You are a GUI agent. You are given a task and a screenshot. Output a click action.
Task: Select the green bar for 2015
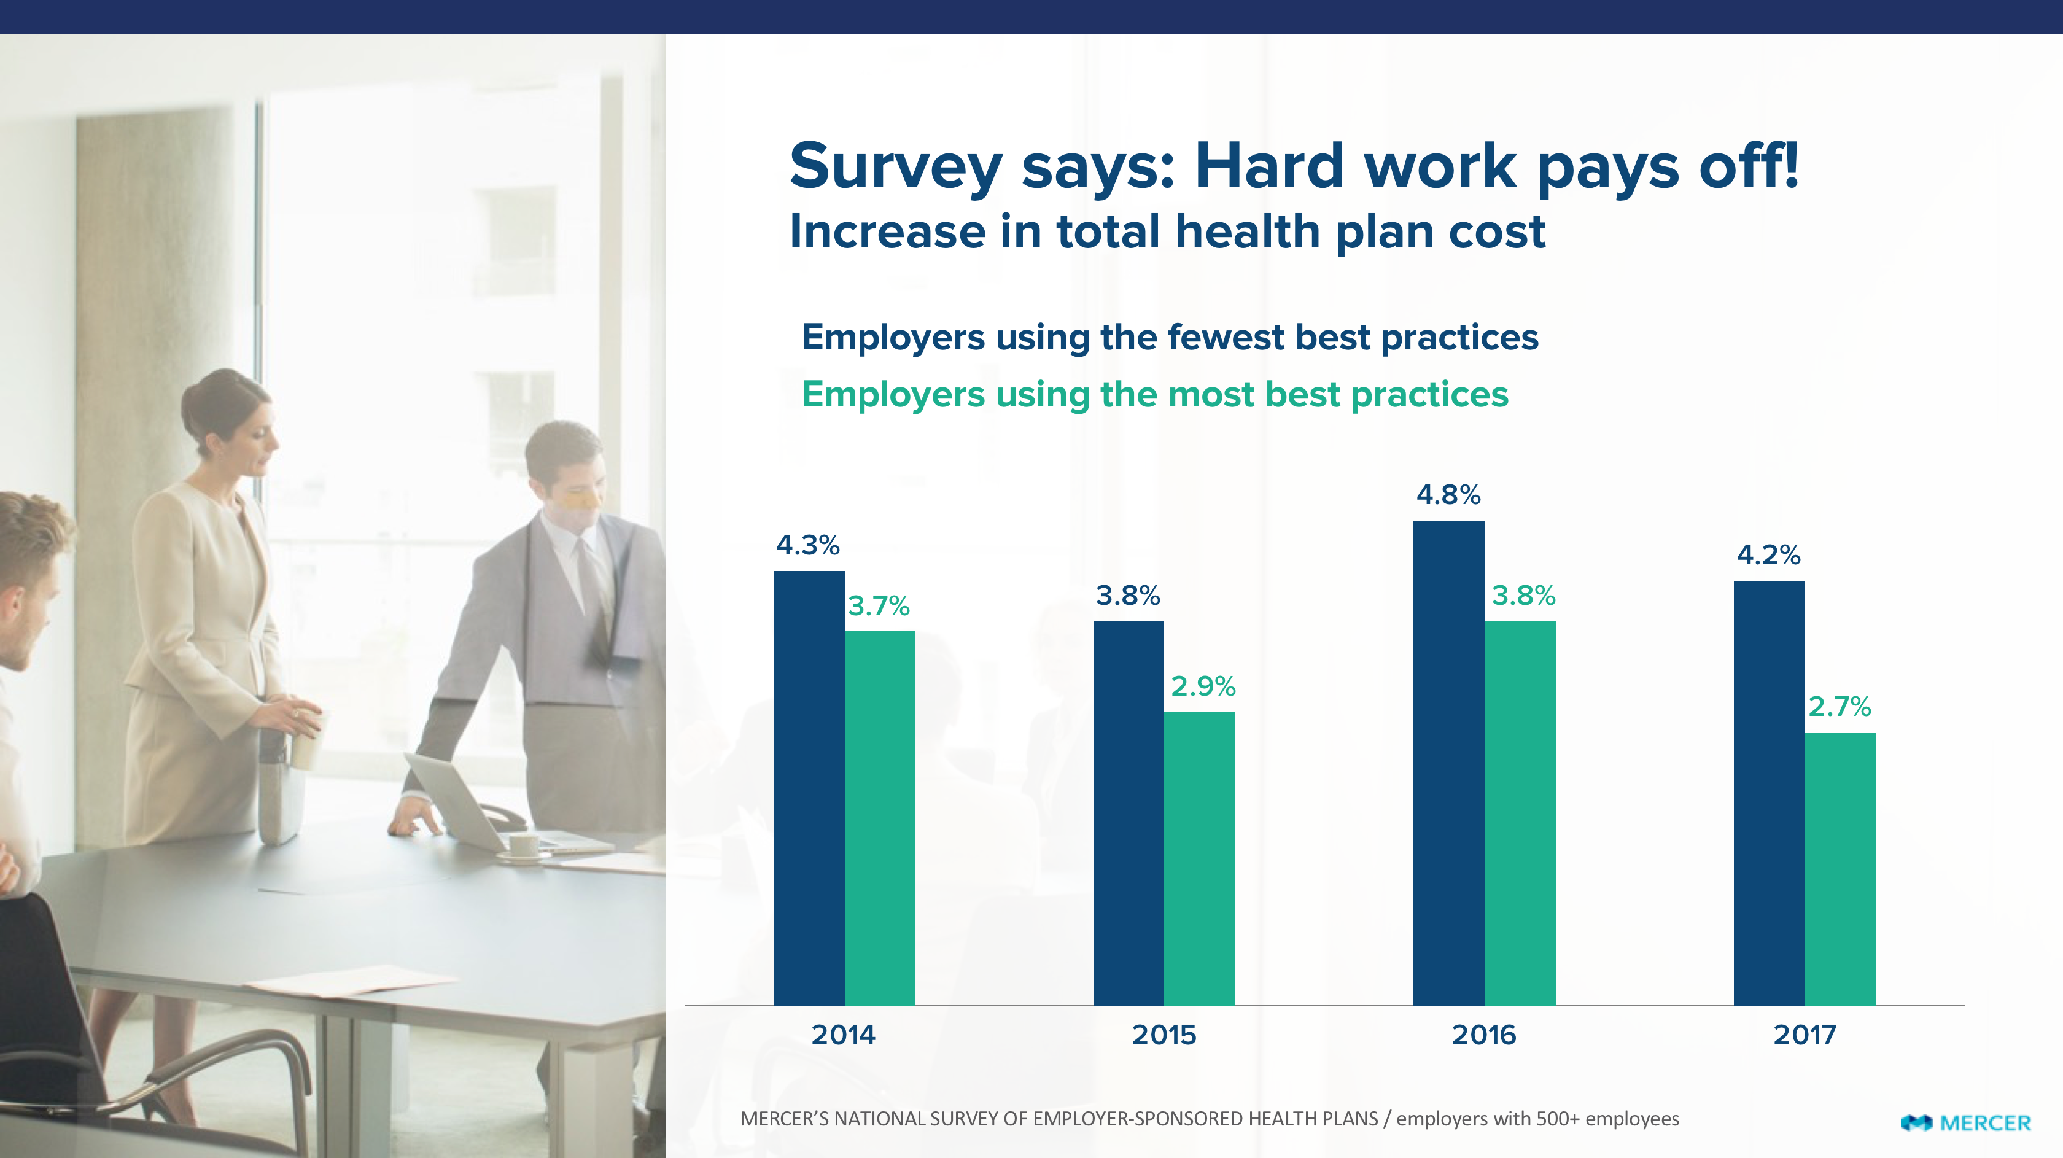[x=1199, y=858]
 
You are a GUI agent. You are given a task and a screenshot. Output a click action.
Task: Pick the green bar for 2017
[x=1840, y=868]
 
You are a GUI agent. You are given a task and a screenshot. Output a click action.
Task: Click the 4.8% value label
[x=1448, y=495]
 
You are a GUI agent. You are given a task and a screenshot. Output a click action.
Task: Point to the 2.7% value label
[x=1840, y=706]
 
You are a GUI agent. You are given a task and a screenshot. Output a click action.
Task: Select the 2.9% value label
[x=1203, y=686]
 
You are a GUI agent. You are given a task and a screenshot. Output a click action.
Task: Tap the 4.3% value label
[x=807, y=545]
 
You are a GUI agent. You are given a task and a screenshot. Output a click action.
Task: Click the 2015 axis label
[x=1164, y=1035]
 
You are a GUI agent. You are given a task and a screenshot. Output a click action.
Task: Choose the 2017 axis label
[x=1805, y=1035]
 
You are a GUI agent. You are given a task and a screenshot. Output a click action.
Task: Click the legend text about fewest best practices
[x=1169, y=337]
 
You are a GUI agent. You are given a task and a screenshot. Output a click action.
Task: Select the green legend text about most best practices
[x=1154, y=395]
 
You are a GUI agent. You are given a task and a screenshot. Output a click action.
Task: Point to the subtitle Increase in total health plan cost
[x=1167, y=232]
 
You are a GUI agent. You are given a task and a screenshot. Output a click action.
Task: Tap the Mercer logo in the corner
[x=1965, y=1123]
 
